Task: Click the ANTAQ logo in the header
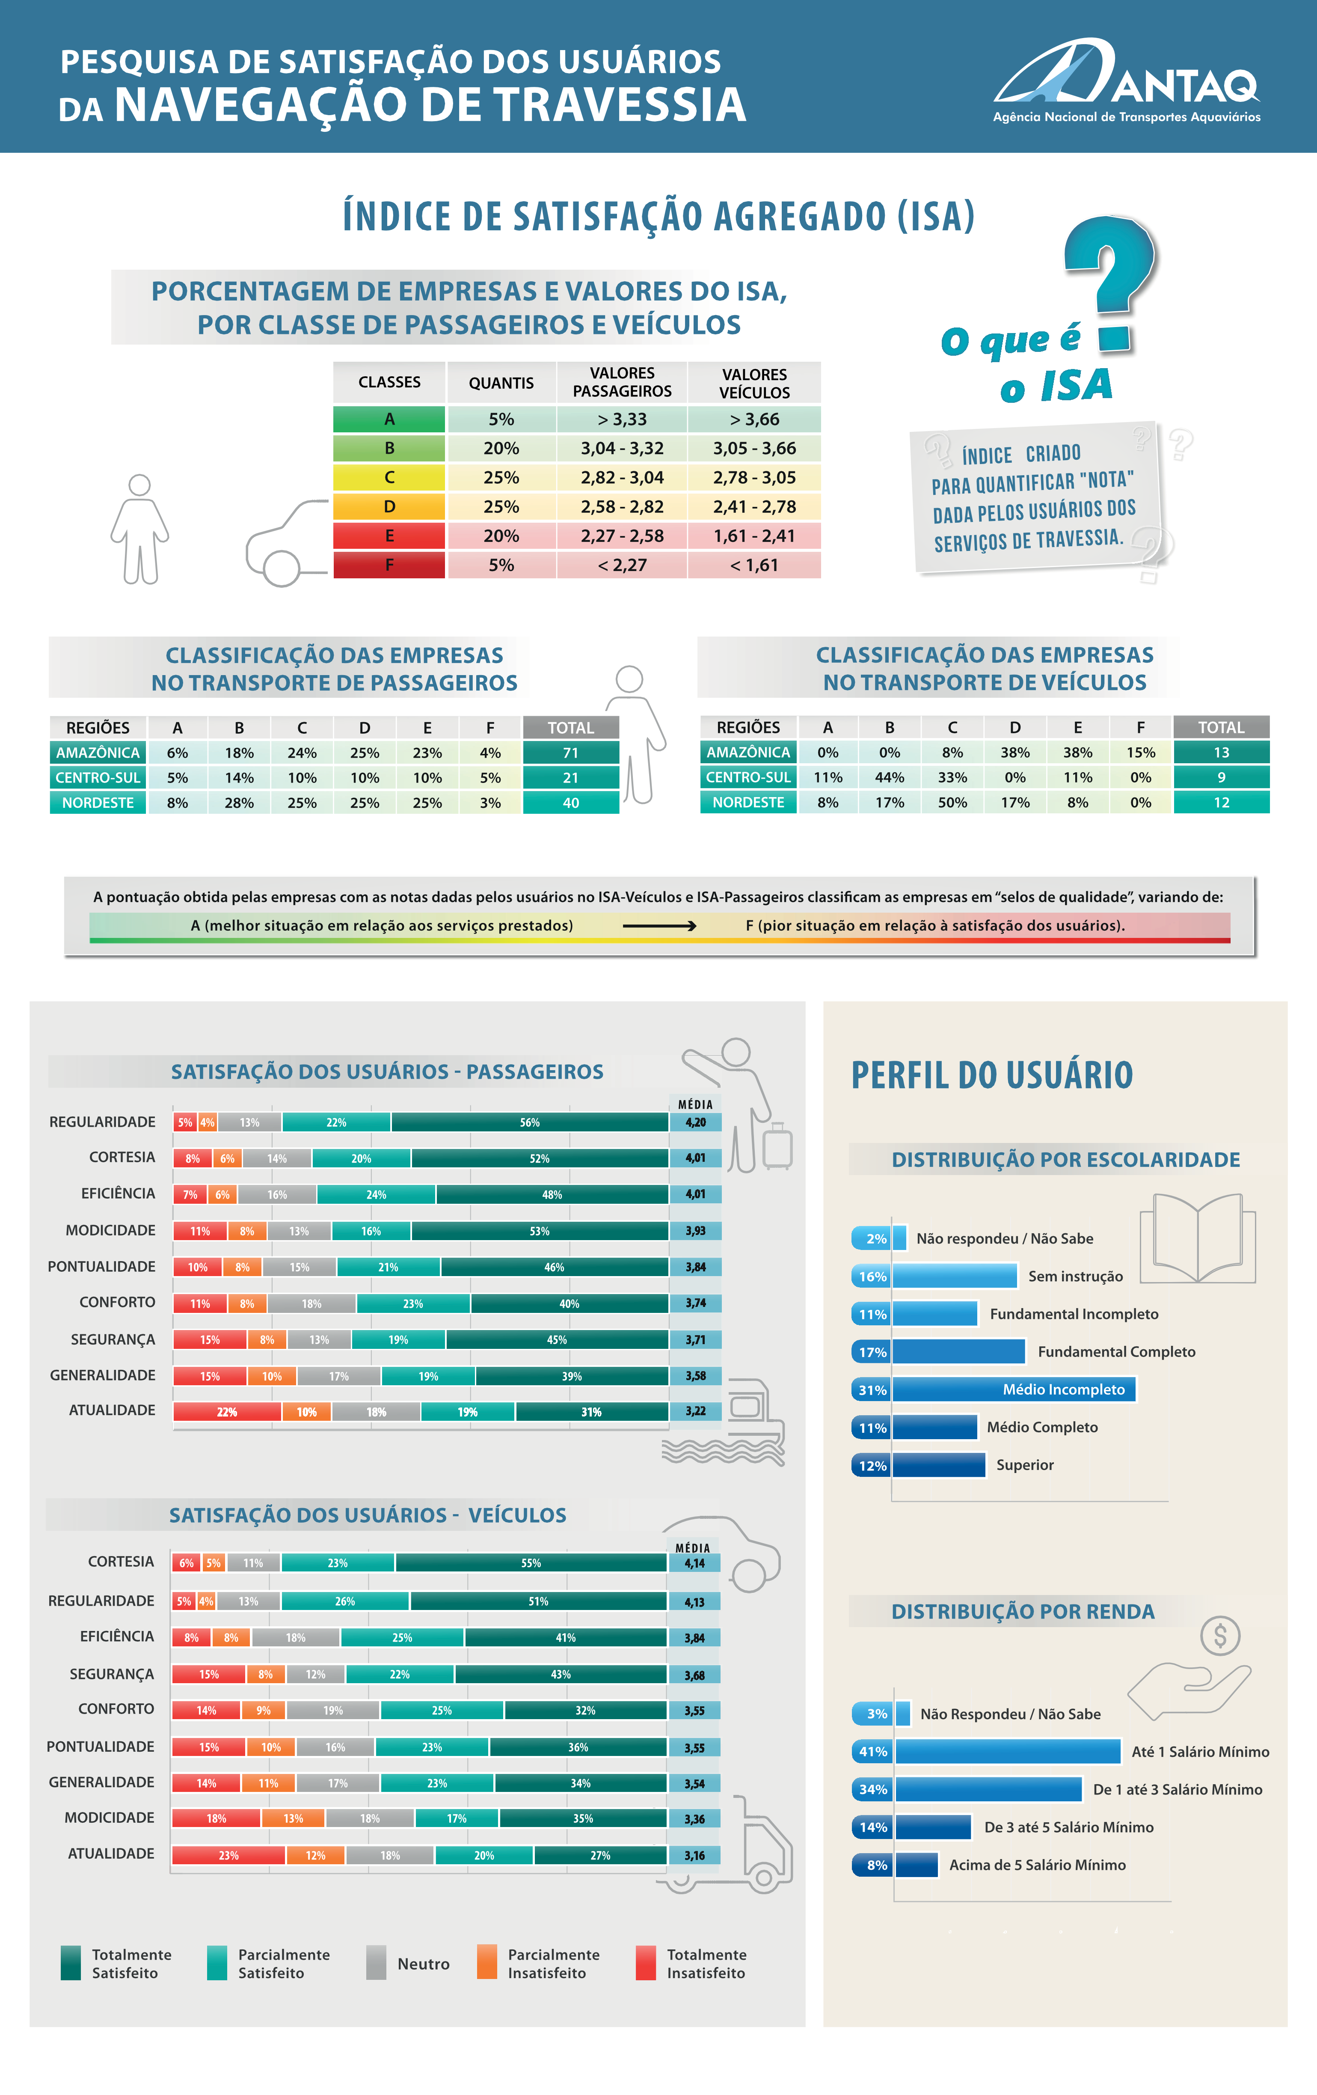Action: [1127, 80]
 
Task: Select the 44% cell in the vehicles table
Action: [889, 777]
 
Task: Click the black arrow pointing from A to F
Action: [658, 925]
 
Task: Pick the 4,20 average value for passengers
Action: [695, 1122]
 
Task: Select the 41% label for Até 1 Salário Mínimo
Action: [872, 1751]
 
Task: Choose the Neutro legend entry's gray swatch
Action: [376, 1963]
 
